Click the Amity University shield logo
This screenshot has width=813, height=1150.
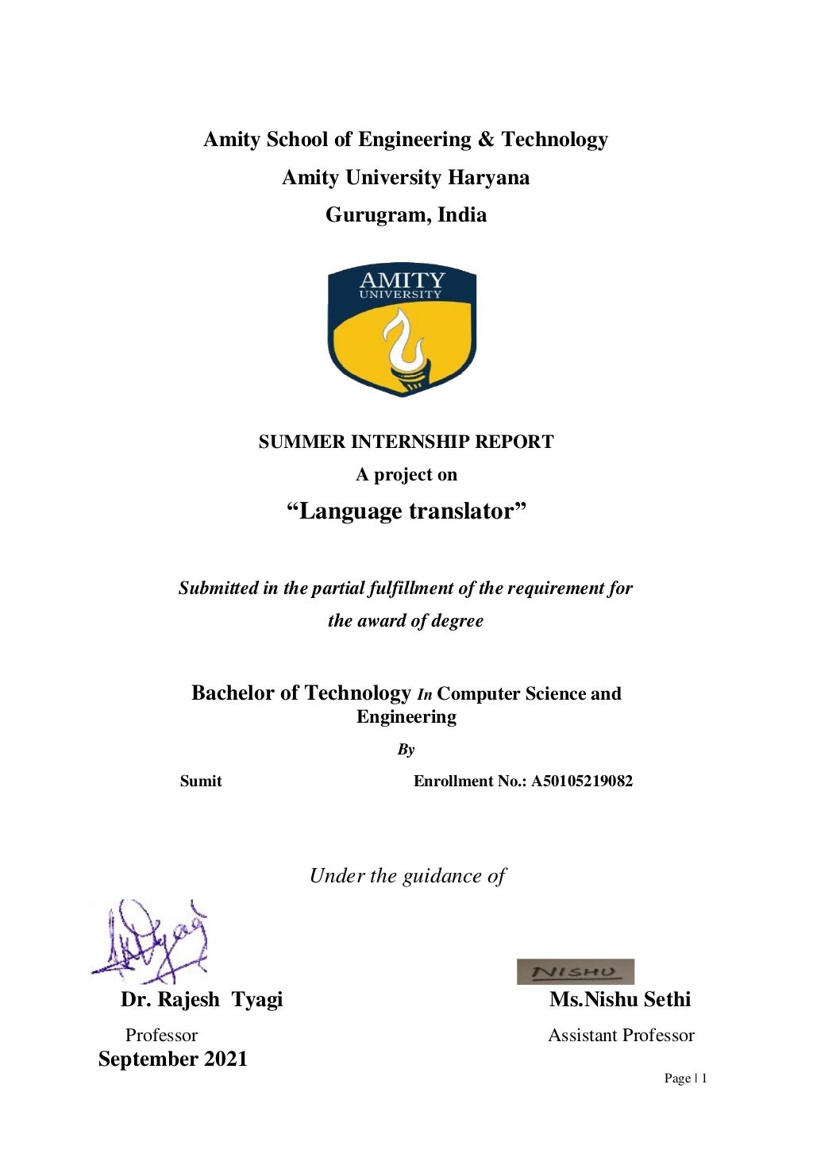point(402,330)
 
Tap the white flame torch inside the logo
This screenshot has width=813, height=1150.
point(405,345)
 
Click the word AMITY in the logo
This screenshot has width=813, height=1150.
point(402,280)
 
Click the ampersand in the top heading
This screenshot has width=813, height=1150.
point(485,140)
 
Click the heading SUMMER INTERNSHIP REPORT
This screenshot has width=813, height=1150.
point(406,442)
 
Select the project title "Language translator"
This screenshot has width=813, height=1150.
point(406,511)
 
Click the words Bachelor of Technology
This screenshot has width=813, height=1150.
point(301,693)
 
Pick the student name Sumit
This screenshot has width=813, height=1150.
point(201,781)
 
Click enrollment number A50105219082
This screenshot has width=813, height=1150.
point(582,781)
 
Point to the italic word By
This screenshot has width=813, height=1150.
point(406,749)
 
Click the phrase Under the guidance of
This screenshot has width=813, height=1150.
point(407,876)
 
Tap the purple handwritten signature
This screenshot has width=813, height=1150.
point(151,941)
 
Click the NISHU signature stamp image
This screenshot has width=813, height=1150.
point(575,971)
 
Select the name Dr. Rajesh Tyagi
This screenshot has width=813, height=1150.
point(202,999)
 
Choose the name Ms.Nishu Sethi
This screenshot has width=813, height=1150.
point(620,999)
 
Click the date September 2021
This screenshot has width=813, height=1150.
point(173,1059)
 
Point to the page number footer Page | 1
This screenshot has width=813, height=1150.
point(685,1078)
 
